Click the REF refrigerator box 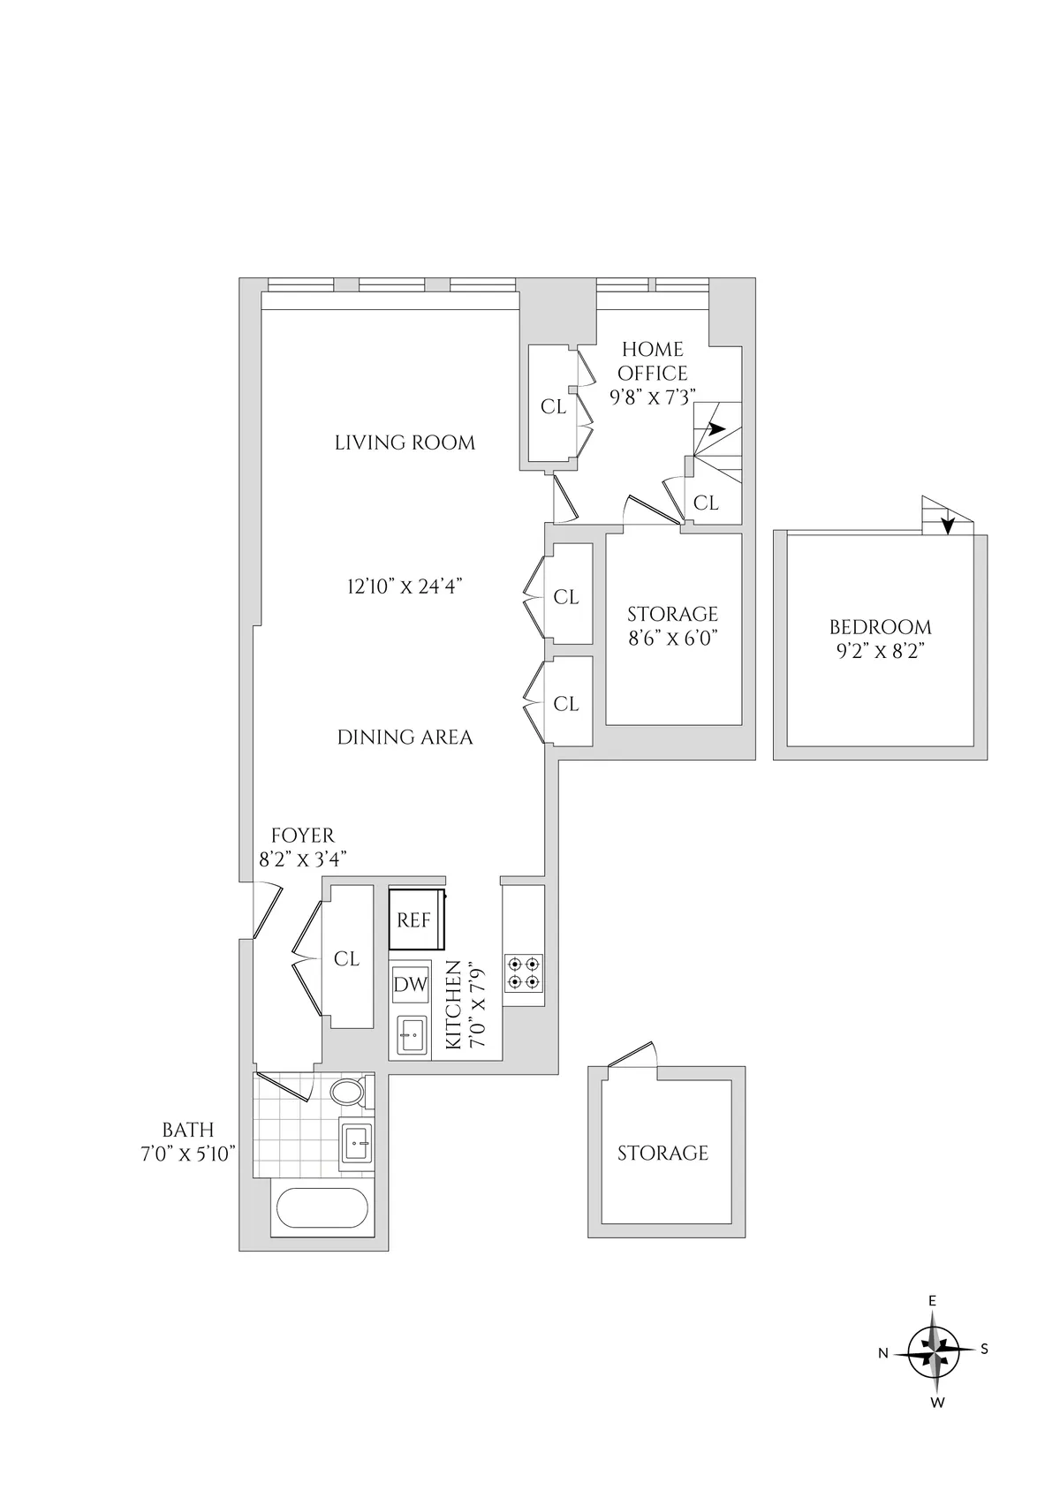(413, 920)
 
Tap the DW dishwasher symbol (410, 984)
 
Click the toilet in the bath (347, 1092)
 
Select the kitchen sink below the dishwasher (410, 1033)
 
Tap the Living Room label (405, 443)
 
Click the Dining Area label (405, 737)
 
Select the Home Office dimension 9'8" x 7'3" (653, 397)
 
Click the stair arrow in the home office (714, 429)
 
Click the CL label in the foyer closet (346, 958)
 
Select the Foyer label (303, 836)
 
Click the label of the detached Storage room (662, 1153)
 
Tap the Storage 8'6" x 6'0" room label (672, 625)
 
